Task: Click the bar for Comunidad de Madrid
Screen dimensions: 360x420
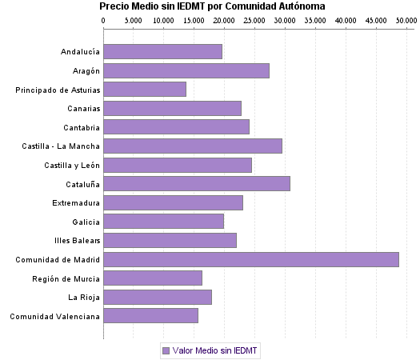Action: tap(250, 259)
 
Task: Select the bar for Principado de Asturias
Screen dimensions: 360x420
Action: tap(145, 90)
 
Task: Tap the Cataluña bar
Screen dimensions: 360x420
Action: tap(197, 184)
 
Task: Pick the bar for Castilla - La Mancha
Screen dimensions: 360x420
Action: tap(193, 146)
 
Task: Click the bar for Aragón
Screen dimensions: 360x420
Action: tap(186, 70)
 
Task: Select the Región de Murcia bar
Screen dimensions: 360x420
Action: tap(153, 278)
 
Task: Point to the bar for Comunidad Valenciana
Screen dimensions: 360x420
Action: tap(150, 316)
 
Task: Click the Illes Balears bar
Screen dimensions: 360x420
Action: tap(170, 240)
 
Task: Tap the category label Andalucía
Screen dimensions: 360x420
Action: tap(80, 52)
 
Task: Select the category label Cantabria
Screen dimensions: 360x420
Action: tap(82, 127)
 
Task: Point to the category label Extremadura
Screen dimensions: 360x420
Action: tap(76, 202)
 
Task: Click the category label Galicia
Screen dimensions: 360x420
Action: tap(86, 222)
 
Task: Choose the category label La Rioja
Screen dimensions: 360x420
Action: tap(84, 297)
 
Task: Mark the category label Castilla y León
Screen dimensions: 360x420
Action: tap(73, 165)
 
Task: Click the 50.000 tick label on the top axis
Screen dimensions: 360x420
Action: tap(406, 18)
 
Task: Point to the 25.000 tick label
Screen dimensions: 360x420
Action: tap(254, 18)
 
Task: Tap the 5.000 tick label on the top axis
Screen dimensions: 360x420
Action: tap(134, 18)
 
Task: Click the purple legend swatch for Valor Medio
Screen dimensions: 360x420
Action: tap(166, 350)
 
